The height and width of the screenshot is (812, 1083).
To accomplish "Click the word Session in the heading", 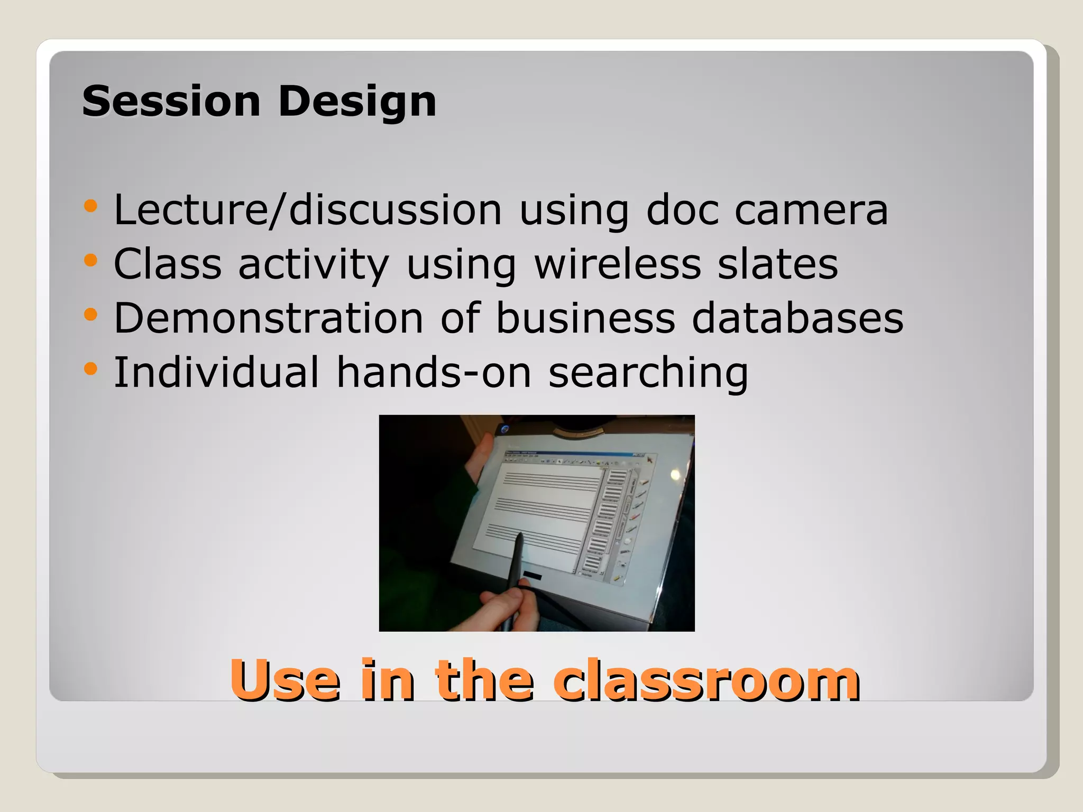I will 171,101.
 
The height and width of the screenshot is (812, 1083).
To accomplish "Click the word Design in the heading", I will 357,102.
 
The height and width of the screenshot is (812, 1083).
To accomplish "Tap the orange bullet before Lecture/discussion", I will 90,206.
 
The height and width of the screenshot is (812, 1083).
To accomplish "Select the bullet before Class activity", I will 90,260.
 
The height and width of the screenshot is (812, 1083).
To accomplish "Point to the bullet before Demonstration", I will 90,315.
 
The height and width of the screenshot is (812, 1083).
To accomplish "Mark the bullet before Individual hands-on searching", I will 90,368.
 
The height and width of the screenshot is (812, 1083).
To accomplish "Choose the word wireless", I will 617,264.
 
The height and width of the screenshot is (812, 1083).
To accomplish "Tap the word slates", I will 777,264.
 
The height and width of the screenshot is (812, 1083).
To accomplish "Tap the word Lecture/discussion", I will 307,210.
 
